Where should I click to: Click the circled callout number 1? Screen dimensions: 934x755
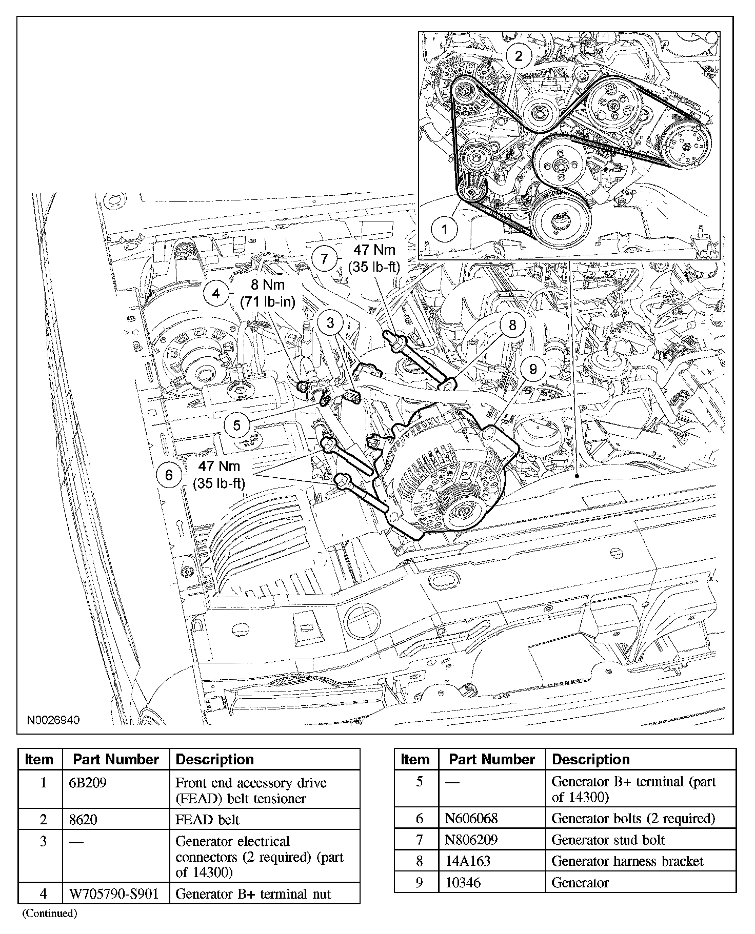[x=444, y=229]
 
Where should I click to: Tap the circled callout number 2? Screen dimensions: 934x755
[x=518, y=55]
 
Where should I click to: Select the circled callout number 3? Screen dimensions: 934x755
[x=330, y=322]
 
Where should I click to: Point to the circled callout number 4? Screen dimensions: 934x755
[x=216, y=294]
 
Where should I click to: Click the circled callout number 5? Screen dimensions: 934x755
[x=236, y=425]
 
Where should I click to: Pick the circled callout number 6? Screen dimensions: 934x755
[x=169, y=475]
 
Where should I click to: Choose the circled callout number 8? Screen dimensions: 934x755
[x=512, y=324]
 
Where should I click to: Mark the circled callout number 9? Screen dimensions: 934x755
[x=532, y=369]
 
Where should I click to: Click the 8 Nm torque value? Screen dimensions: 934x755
[x=268, y=285]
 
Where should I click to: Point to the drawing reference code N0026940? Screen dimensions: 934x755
[x=53, y=720]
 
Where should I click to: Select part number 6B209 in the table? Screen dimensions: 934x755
[x=88, y=783]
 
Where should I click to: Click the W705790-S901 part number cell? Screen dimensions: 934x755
[x=115, y=894]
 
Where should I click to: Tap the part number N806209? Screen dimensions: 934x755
[x=471, y=840]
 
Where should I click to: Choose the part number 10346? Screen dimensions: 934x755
[x=463, y=882]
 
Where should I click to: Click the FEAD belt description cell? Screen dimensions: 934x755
[x=207, y=820]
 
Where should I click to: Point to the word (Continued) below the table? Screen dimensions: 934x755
[x=49, y=913]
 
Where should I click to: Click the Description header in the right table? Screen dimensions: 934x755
[x=591, y=759]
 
